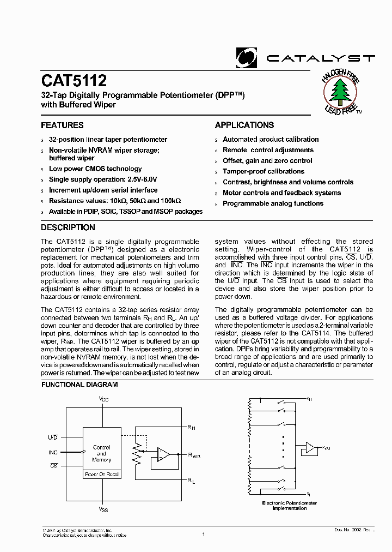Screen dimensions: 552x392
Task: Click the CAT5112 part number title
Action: pos(74,81)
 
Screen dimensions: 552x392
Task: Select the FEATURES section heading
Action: pos(63,125)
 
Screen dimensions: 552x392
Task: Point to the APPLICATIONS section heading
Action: pos(244,125)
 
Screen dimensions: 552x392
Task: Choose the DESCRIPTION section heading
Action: pos(68,227)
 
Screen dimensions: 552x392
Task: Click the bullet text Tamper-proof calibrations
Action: pos(264,171)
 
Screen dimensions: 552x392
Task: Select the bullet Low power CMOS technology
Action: pos(95,169)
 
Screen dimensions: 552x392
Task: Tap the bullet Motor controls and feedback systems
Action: pos(281,193)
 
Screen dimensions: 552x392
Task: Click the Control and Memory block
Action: pos(102,453)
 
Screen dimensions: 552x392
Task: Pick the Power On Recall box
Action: pos(102,475)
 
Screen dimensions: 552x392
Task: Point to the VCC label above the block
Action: pos(103,400)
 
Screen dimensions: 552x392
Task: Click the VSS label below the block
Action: pos(103,509)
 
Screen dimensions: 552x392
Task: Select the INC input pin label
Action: pos(53,452)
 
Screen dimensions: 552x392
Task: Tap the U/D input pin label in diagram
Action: pos(53,437)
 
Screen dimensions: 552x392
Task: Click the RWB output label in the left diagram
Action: pos(194,455)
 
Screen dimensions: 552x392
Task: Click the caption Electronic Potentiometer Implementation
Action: pos(289,505)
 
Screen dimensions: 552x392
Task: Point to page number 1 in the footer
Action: pos(203,535)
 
